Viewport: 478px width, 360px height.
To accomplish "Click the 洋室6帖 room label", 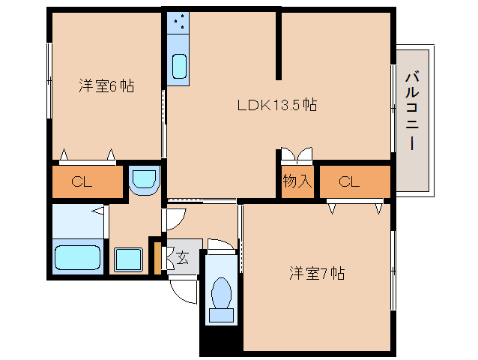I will pyautogui.click(x=106, y=86).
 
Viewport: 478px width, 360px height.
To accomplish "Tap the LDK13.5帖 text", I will pyautogui.click(x=276, y=106).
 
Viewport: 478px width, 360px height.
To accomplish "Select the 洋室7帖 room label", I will pyautogui.click(x=317, y=273).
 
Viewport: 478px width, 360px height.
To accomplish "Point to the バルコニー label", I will pyautogui.click(x=412, y=109).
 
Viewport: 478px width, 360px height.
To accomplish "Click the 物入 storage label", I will pyautogui.click(x=297, y=181).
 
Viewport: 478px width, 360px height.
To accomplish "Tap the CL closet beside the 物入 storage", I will pyautogui.click(x=354, y=181).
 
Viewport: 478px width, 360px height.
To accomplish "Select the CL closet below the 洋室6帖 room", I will pyautogui.click(x=86, y=181).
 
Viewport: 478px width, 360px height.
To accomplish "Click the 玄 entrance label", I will pyautogui.click(x=182, y=257).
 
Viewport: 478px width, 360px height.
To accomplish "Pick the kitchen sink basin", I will pyautogui.click(x=180, y=67).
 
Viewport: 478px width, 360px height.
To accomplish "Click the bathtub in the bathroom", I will pyautogui.click(x=78, y=257).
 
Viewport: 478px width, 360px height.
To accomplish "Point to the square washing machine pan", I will pyautogui.click(x=128, y=259).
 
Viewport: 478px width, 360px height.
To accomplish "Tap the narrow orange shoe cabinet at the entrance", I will pyautogui.click(x=157, y=256).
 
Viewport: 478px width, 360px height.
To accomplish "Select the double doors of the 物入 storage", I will pyautogui.click(x=297, y=155).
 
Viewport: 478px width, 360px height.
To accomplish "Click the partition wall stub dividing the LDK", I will pyautogui.click(x=279, y=45).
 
